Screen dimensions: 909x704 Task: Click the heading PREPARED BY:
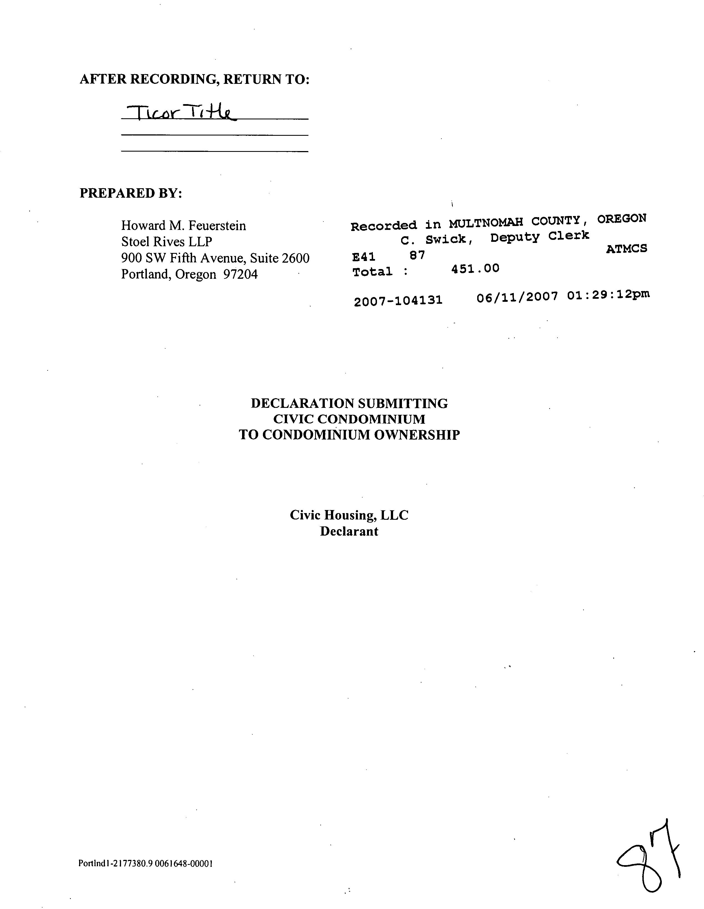131,193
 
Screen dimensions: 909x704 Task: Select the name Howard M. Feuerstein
183,226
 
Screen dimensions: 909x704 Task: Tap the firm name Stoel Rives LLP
167,242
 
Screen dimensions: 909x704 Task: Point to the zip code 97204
240,274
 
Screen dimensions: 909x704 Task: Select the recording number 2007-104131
398,300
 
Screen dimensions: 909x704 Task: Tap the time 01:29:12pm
608,295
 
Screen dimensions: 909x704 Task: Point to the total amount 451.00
475,268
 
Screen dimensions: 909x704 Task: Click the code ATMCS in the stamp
626,249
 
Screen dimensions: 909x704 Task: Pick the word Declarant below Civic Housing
349,531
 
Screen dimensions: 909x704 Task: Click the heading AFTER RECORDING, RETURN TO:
194,79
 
